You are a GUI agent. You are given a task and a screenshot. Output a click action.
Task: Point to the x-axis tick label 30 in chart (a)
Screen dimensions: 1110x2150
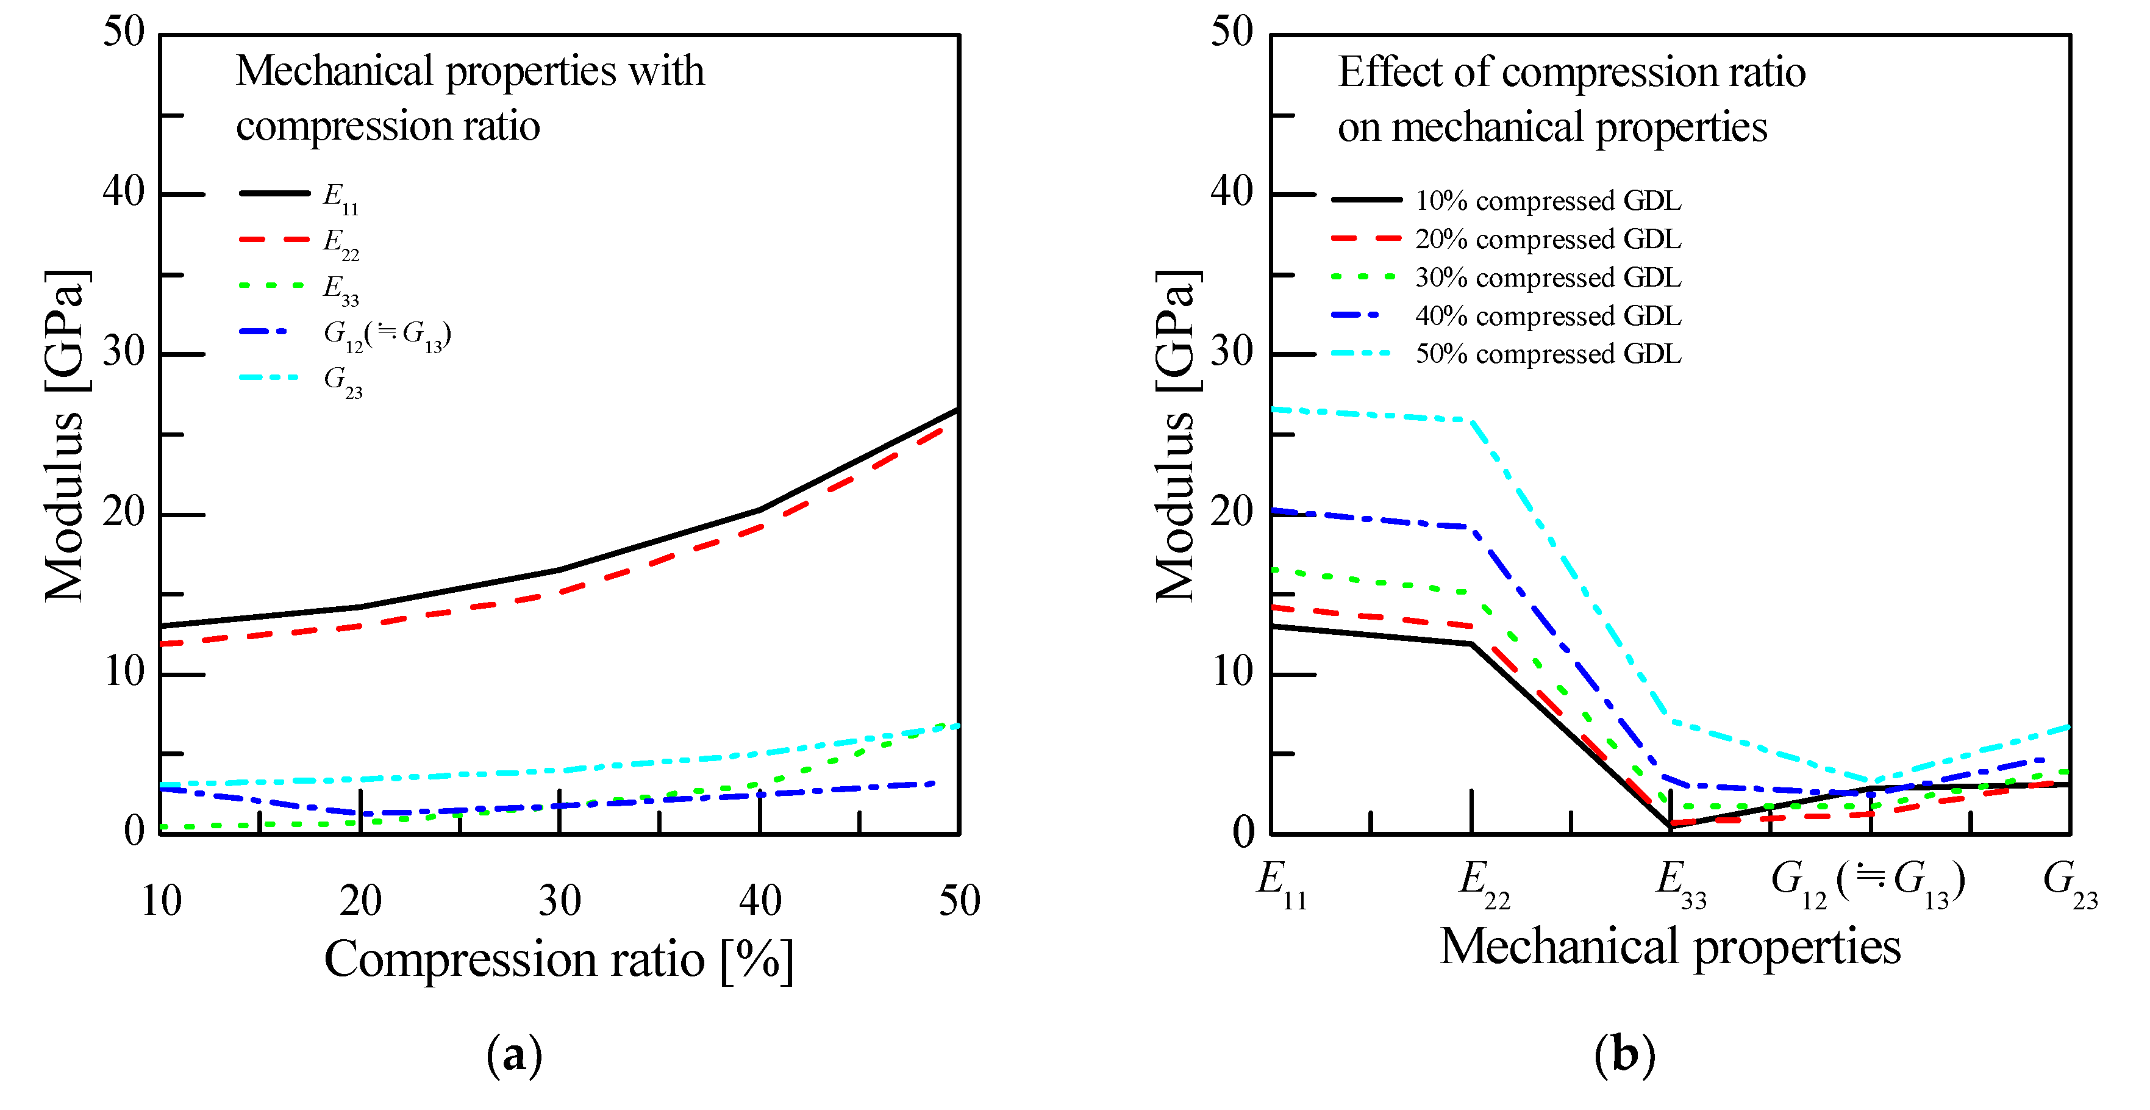pos(560,901)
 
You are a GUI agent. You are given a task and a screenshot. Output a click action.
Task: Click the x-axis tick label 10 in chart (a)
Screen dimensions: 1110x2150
pos(161,901)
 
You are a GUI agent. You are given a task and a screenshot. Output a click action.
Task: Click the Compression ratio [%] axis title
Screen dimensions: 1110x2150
pos(559,960)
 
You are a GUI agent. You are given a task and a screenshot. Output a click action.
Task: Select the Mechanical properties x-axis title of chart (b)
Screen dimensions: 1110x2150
pos(1670,947)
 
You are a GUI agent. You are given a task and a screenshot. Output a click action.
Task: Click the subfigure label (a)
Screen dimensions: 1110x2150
pos(514,1055)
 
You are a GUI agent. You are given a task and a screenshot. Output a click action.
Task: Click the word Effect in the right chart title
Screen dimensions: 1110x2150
pos(1390,73)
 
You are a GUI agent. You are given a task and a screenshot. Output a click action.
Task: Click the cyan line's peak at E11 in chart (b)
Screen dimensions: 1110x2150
pos(1272,409)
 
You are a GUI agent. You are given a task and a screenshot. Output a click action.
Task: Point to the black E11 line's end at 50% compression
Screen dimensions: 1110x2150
pos(957,410)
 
